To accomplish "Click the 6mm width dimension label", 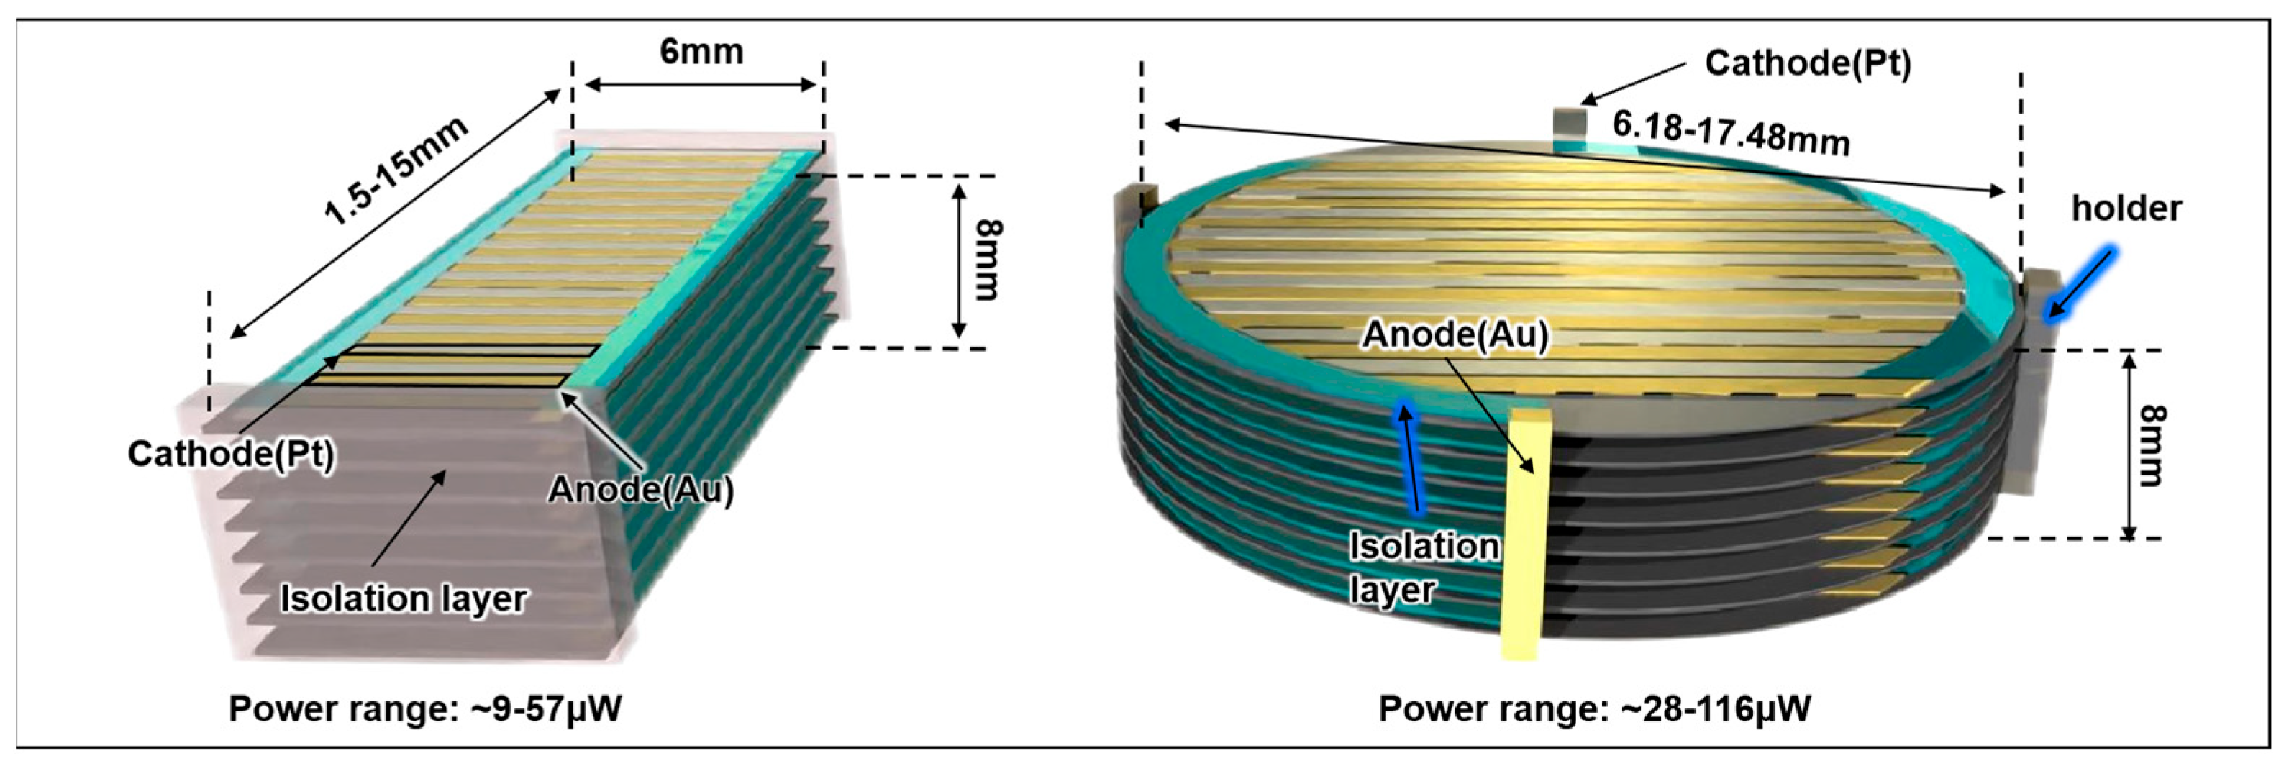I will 701,52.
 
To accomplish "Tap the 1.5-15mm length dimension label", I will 396,170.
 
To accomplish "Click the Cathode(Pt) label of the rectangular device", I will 231,454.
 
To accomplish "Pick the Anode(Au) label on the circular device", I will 1455,334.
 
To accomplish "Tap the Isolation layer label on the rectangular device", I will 404,598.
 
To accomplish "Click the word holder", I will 2126,209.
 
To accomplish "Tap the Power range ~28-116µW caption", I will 1594,709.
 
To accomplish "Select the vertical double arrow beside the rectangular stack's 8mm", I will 958,261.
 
